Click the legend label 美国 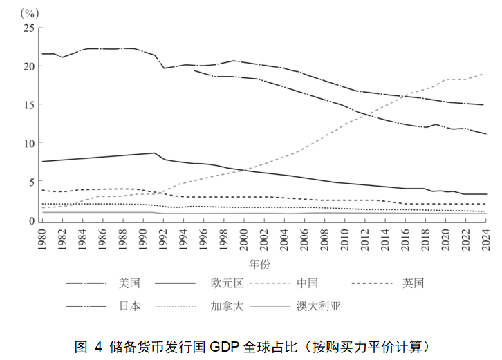129,283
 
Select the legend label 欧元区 227,283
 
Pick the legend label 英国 412,283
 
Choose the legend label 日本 129,305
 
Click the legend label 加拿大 227,305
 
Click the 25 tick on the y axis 28,28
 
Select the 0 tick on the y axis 31,220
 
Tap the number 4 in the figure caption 98,345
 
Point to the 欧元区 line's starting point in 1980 43,161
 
